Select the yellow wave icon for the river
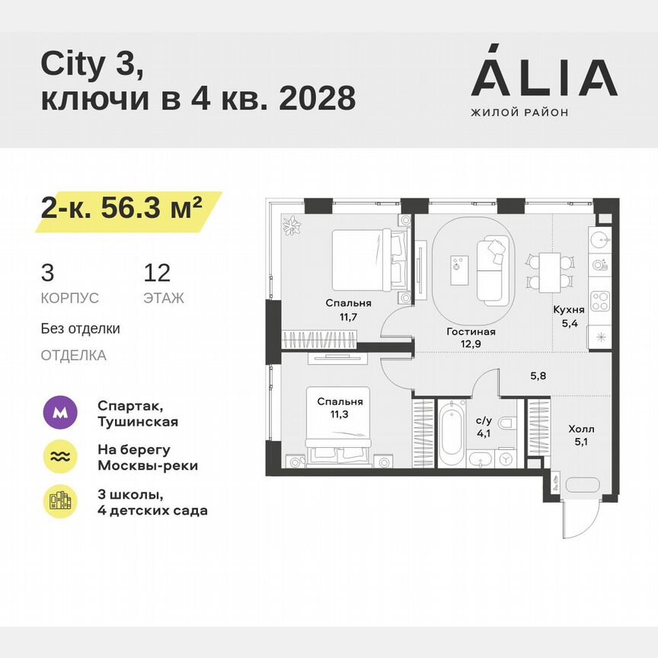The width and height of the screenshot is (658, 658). (x=59, y=457)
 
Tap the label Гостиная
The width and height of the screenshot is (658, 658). (x=471, y=331)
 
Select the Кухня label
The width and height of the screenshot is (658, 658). (x=569, y=310)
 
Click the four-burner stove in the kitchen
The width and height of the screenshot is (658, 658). (x=599, y=302)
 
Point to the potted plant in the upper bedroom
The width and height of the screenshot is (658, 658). (x=292, y=226)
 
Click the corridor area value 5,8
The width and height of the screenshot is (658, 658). (x=538, y=375)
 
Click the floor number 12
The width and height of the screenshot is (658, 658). (x=157, y=273)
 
